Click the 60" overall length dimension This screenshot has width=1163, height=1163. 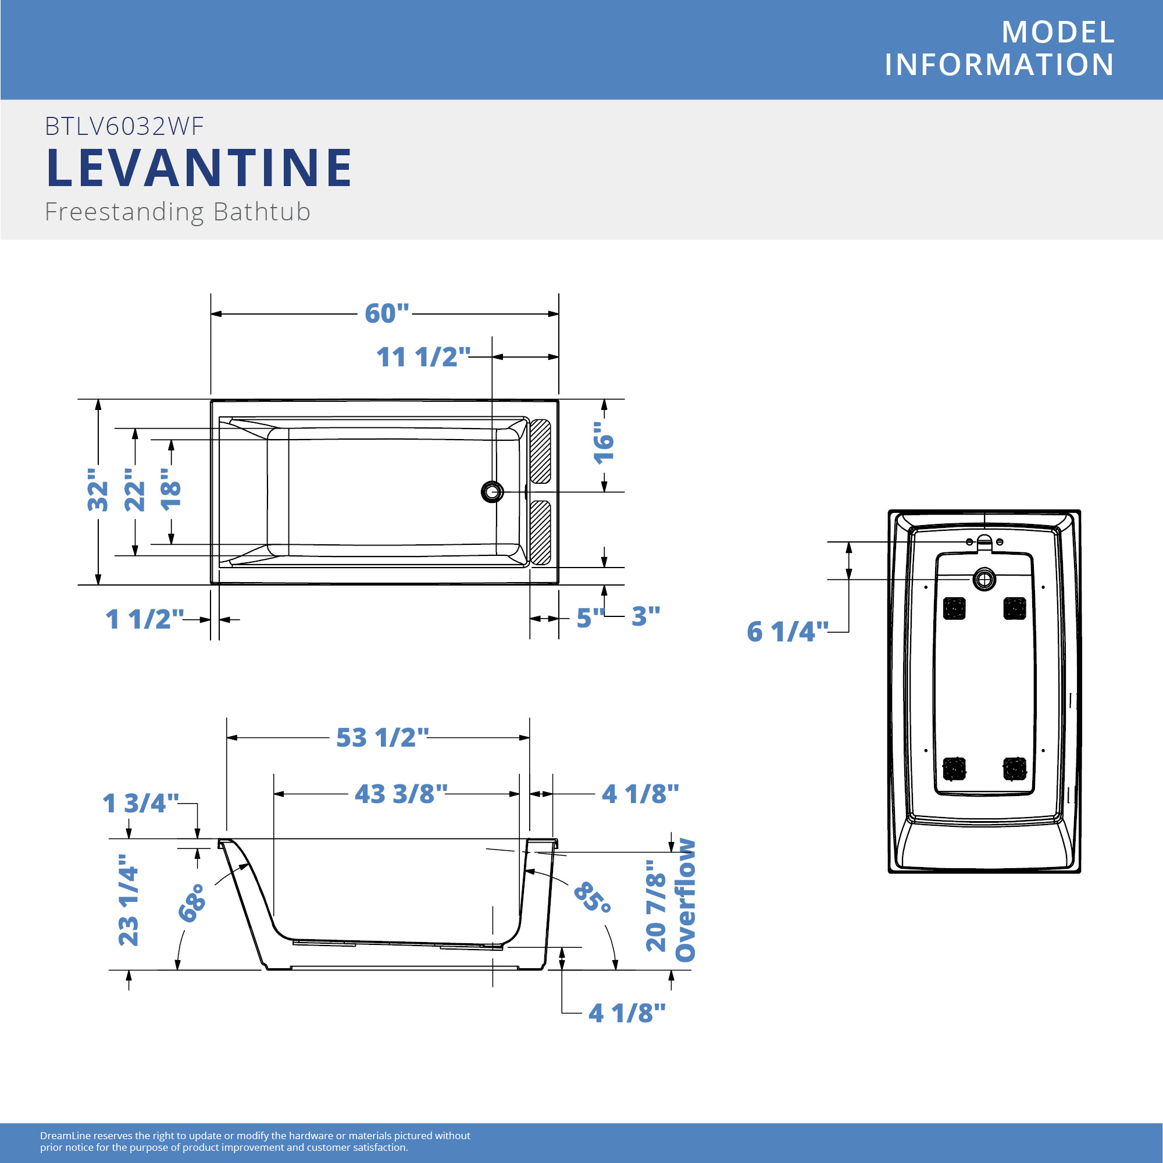point(387,313)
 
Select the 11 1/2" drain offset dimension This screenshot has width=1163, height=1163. point(423,357)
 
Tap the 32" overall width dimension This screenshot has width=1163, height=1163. point(98,490)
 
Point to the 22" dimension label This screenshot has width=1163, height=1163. point(135,490)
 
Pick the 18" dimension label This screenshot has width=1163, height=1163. point(171,490)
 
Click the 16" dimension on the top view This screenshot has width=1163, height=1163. point(604,443)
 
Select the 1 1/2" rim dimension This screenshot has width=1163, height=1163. point(144,619)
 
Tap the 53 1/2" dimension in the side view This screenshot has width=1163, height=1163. point(382,737)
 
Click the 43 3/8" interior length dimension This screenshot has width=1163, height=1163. point(401,794)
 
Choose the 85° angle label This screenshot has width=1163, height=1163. point(593,897)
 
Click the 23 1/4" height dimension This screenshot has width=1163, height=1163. point(128,901)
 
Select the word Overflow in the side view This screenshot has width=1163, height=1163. point(686,901)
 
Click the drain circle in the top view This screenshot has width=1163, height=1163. point(493,492)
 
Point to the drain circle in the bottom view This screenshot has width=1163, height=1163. point(984,580)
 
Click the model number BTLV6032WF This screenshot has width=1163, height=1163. point(124,126)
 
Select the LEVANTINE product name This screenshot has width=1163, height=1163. point(199,167)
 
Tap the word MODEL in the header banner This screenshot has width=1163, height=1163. point(1058,32)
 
